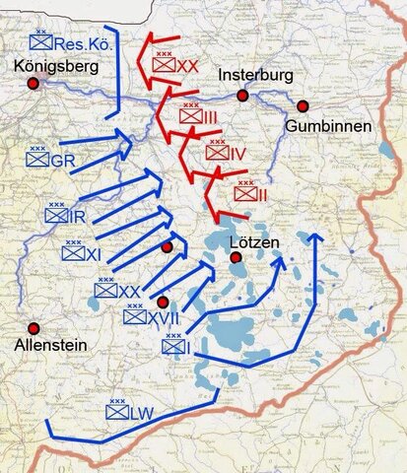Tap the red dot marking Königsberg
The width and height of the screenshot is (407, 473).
[x=34, y=85]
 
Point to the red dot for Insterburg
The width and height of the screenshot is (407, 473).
[x=241, y=96]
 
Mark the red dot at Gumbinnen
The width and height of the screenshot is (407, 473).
[x=303, y=105]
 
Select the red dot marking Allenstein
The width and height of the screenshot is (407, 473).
[x=34, y=328]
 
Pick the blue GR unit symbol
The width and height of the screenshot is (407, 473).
[x=40, y=159]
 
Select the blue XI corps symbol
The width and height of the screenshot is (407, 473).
[x=73, y=253]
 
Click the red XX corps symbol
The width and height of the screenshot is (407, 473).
[x=165, y=64]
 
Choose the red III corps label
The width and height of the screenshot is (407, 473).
[x=204, y=117]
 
